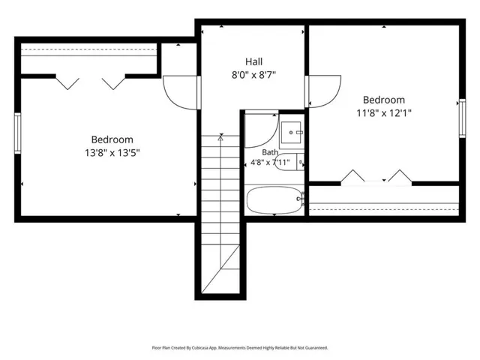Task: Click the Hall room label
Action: [x=253, y=61]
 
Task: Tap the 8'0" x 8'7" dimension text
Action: [x=253, y=75]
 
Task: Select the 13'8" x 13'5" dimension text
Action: [x=112, y=152]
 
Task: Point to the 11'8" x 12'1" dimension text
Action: [x=384, y=113]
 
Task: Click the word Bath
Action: [x=270, y=152]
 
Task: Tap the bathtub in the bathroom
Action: [x=274, y=200]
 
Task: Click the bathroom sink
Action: [x=291, y=133]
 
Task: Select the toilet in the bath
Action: [x=289, y=162]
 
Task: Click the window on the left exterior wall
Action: [x=18, y=133]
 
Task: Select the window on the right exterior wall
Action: [x=462, y=118]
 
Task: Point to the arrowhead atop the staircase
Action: [x=220, y=137]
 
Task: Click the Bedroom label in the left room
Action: [x=112, y=139]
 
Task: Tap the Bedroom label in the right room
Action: [x=384, y=100]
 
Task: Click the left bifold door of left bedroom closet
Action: [x=67, y=83]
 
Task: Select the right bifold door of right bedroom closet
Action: [x=400, y=175]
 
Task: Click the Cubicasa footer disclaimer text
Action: [x=240, y=348]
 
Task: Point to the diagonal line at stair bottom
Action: [x=220, y=268]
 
